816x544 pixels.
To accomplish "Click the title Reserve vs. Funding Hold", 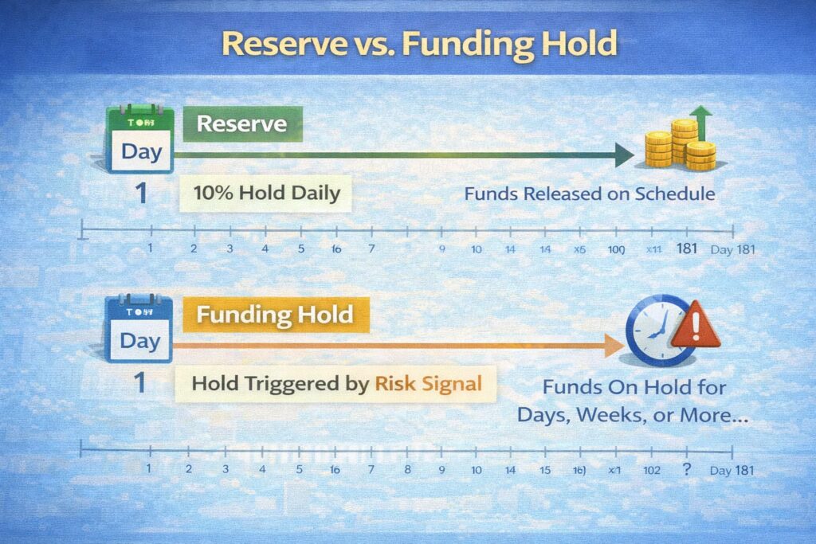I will coord(419,44).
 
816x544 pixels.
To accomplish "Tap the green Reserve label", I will coord(242,125).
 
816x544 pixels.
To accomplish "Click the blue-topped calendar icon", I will coord(139,329).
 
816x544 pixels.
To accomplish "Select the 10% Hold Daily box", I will coord(265,192).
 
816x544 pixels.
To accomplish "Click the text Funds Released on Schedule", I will coord(590,194).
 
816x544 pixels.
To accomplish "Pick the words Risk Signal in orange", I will coord(428,383).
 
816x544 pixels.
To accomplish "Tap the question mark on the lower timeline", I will coord(686,469).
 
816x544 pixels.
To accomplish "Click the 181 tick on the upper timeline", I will coord(687,249).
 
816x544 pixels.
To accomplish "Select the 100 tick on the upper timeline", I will coord(616,249).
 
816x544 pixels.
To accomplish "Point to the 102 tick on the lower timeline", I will coord(651,470).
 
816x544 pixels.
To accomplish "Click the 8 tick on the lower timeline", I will coord(407,469).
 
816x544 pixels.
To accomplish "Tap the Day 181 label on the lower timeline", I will coord(731,470).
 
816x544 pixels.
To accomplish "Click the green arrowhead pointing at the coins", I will coord(624,155).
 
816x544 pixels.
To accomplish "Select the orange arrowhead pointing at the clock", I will coord(614,345).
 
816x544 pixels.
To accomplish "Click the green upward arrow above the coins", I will coord(701,119).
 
